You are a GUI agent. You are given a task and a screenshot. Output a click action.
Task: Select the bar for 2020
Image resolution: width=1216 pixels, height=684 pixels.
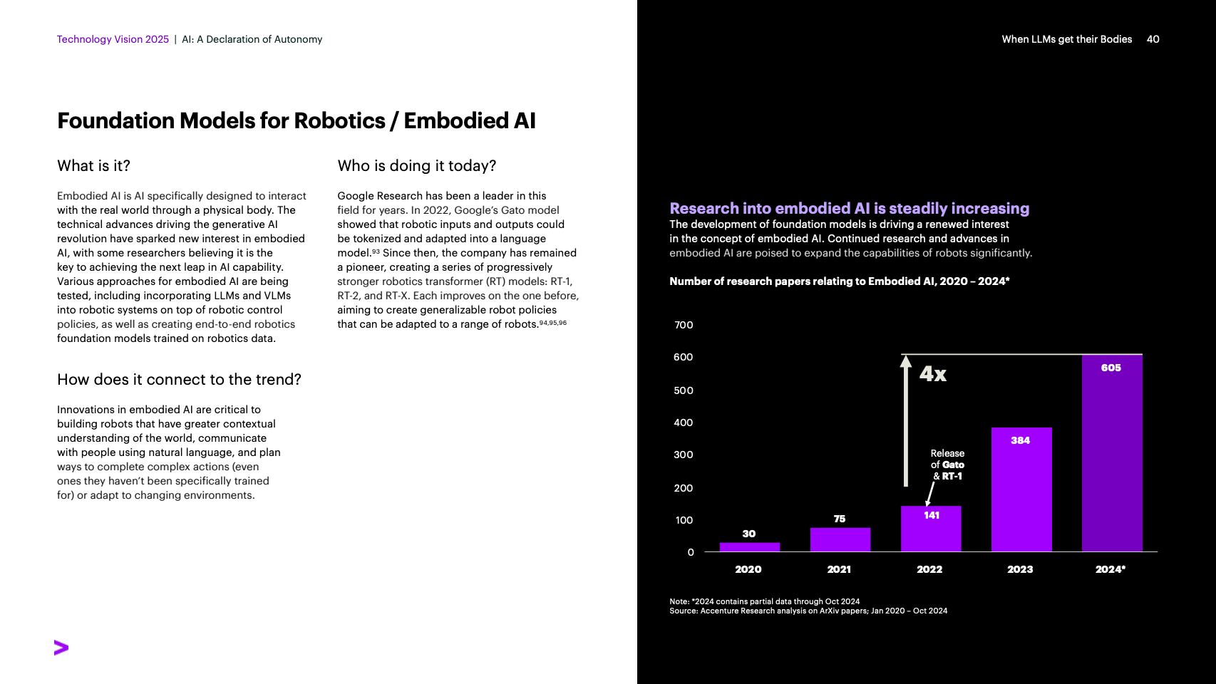tap(749, 547)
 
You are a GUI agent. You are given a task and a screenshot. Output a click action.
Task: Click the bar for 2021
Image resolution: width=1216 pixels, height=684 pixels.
tap(840, 539)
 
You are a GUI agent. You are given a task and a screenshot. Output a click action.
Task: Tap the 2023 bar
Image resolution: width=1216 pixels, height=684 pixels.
tap(1021, 492)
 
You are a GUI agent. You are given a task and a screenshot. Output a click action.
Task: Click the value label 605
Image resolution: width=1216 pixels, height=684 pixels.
tap(1111, 368)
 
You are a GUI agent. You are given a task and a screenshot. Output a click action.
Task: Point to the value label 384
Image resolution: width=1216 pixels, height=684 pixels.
tap(1020, 440)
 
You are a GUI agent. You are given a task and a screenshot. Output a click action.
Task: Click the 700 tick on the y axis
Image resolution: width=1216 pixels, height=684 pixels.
tap(684, 325)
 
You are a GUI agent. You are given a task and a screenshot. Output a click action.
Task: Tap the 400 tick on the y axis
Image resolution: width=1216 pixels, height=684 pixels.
tap(684, 423)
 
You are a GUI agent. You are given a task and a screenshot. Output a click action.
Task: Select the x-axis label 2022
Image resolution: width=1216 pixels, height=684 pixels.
tap(929, 569)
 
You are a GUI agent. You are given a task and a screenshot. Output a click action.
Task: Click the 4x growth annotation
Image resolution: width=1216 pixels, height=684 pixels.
tap(932, 374)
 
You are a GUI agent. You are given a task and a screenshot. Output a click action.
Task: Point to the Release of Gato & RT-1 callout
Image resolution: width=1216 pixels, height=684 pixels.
tap(947, 465)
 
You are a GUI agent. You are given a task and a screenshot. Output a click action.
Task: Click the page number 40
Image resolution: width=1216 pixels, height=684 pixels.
tap(1153, 39)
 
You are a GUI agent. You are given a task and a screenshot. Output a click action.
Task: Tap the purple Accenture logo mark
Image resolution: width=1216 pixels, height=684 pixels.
tap(61, 648)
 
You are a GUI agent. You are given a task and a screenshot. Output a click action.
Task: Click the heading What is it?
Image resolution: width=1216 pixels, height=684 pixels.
tap(93, 166)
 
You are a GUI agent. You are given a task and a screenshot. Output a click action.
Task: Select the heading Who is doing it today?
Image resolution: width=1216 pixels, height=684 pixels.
tap(416, 166)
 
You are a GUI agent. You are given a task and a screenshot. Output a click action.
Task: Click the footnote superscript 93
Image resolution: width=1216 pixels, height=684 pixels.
tap(376, 252)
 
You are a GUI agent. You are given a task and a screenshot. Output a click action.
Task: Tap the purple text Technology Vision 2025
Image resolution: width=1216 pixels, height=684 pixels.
tap(113, 39)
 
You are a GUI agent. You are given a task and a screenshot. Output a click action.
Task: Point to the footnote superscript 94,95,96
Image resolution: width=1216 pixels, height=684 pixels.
tap(553, 323)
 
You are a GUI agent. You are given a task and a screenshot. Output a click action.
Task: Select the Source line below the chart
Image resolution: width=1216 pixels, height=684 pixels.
tap(808, 611)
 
